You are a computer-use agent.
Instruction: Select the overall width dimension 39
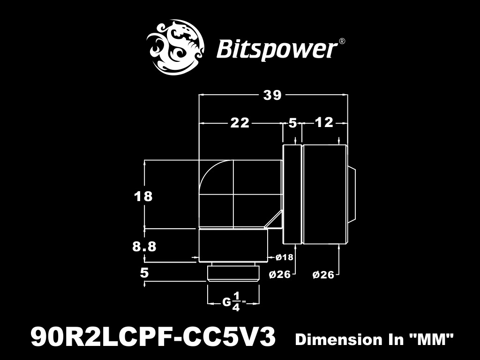pyautogui.click(x=272, y=95)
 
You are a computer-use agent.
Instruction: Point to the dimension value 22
pyautogui.click(x=240, y=123)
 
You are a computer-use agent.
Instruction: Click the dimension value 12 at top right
pyautogui.click(x=324, y=123)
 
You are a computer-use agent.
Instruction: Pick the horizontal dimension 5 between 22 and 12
pyautogui.click(x=293, y=123)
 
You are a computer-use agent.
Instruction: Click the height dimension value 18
pyautogui.click(x=143, y=196)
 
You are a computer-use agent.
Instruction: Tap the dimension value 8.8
pyautogui.click(x=144, y=246)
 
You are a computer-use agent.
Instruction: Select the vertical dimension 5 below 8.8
pyautogui.click(x=144, y=272)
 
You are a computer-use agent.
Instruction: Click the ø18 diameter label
pyautogui.click(x=285, y=257)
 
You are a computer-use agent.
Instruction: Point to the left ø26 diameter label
pyautogui.click(x=280, y=275)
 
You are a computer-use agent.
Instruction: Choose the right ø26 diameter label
pyautogui.click(x=323, y=275)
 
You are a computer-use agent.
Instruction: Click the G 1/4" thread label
pyautogui.click(x=233, y=302)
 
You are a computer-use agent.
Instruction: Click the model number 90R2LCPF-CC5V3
pyautogui.click(x=153, y=337)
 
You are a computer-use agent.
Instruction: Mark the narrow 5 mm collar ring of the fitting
pyautogui.click(x=292, y=195)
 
